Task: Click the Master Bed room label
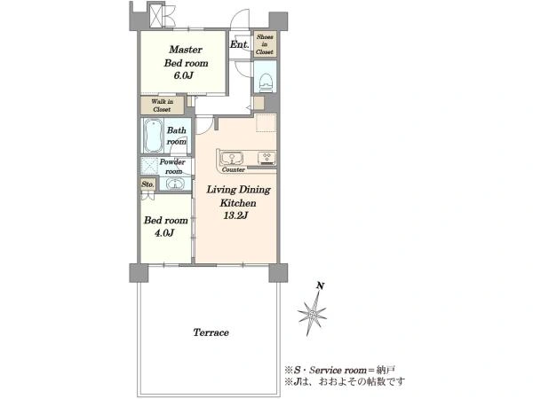(186, 57)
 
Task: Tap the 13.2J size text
(235, 215)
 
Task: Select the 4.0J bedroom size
(164, 232)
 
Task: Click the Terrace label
(211, 332)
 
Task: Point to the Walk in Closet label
(163, 106)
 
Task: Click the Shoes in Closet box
(265, 44)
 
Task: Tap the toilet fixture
(266, 82)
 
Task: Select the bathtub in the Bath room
(153, 136)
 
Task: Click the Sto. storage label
(147, 184)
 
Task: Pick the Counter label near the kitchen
(233, 169)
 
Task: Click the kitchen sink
(232, 158)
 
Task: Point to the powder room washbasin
(175, 184)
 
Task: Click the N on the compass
(320, 286)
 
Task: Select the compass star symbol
(312, 314)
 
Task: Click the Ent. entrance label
(240, 44)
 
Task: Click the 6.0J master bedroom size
(184, 75)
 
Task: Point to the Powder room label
(172, 167)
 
